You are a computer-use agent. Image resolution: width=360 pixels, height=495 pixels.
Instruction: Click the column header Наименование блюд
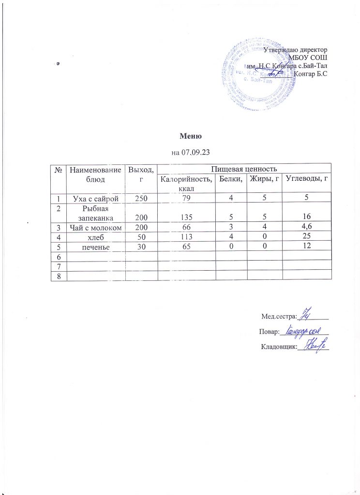94,173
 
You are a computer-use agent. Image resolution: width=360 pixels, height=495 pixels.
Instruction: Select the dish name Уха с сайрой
94,197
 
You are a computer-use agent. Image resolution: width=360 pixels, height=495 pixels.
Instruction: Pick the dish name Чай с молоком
94,226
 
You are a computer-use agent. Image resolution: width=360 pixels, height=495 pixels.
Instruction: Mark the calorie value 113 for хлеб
186,236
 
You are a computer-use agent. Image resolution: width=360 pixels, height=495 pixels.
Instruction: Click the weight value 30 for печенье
140,246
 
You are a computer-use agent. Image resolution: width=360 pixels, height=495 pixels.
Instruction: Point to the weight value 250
140,197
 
